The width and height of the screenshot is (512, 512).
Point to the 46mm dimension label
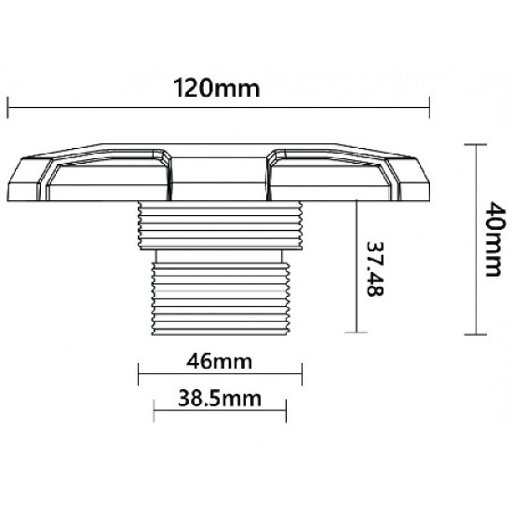(219, 359)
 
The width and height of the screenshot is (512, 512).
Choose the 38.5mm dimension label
(219, 399)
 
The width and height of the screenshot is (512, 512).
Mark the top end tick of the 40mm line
(476, 145)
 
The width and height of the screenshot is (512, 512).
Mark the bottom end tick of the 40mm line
(476, 334)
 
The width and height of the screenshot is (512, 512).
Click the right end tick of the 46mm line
(302, 377)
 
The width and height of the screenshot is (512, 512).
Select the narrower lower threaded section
(221, 290)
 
